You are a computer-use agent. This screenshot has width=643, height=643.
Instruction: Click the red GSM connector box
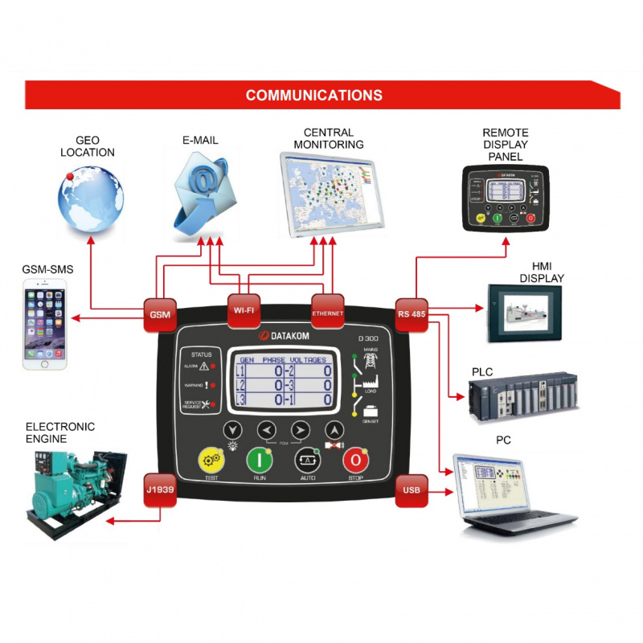coord(158,313)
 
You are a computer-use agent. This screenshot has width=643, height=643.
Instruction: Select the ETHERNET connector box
coord(327,311)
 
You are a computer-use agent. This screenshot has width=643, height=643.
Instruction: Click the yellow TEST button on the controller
coord(211,461)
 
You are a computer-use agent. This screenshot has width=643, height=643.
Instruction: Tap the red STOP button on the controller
coord(354,461)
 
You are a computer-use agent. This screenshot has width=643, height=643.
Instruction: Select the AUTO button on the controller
coord(307,461)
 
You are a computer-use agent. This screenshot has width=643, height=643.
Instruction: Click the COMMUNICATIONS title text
coord(313,95)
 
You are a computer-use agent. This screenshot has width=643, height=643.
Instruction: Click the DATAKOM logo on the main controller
coord(283,336)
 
